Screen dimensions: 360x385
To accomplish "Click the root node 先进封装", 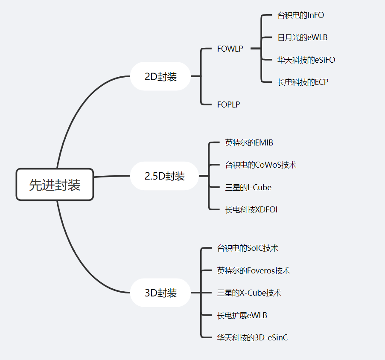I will point(55,184).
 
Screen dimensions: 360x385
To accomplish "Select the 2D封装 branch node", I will point(160,76).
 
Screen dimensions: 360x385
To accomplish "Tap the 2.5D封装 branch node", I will point(164,176).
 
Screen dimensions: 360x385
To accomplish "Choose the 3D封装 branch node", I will point(160,293).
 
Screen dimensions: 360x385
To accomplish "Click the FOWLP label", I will point(230,49).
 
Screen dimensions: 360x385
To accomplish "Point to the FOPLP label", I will point(228,105).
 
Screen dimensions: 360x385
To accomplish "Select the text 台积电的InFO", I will point(300,15).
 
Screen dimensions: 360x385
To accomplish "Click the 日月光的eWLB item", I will point(302,38).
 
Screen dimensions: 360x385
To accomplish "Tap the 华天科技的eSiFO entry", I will point(306,60).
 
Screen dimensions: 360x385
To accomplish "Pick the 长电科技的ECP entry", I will point(303,82).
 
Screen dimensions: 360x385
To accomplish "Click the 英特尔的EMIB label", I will point(249,142).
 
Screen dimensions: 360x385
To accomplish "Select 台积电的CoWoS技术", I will point(260,165).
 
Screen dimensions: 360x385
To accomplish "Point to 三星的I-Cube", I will point(248,187).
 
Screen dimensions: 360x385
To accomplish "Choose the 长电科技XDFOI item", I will point(251,209).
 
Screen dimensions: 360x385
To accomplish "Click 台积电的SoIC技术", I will point(248,248).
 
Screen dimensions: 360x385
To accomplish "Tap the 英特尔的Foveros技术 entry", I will point(254,270).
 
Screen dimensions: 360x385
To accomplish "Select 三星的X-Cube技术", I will point(249,293).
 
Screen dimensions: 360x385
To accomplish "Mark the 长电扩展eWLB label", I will point(242,315).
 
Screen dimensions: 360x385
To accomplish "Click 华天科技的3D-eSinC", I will point(252,337).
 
